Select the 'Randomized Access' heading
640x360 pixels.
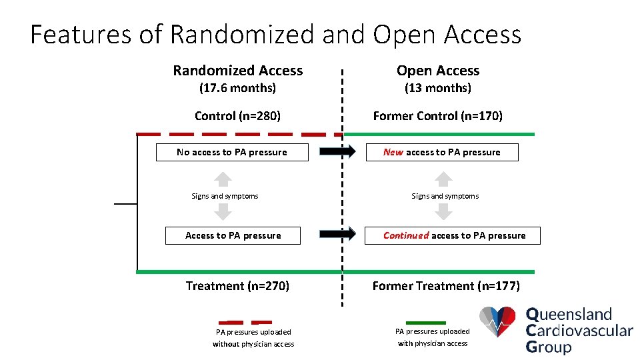pyautogui.click(x=238, y=71)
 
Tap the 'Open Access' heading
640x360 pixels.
pyautogui.click(x=438, y=71)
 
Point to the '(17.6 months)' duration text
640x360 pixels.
pyautogui.click(x=238, y=88)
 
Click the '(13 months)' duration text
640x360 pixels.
pyautogui.click(x=438, y=88)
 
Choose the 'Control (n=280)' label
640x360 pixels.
pyautogui.click(x=237, y=116)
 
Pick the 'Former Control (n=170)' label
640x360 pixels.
pyautogui.click(x=438, y=116)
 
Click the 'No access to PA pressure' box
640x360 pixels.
pyautogui.click(x=232, y=153)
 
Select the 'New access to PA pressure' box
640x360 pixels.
pyautogui.click(x=442, y=153)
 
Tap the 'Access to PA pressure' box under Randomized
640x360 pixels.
pyautogui.click(x=233, y=235)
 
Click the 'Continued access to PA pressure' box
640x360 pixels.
pyautogui.click(x=453, y=235)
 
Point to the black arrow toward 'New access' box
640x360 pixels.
pyautogui.click(x=338, y=152)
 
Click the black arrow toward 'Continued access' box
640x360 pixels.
pyautogui.click(x=338, y=234)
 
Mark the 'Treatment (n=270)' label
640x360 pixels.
pyautogui.click(x=237, y=286)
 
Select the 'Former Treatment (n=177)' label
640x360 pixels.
pyautogui.click(x=446, y=286)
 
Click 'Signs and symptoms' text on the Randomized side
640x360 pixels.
pyautogui.click(x=225, y=196)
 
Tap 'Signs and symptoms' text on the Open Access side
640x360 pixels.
pyautogui.click(x=445, y=196)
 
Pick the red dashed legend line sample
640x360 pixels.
pyautogui.click(x=245, y=322)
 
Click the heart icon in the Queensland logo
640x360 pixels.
pyautogui.click(x=498, y=323)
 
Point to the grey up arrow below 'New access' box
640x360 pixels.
pyautogui.click(x=443, y=179)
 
